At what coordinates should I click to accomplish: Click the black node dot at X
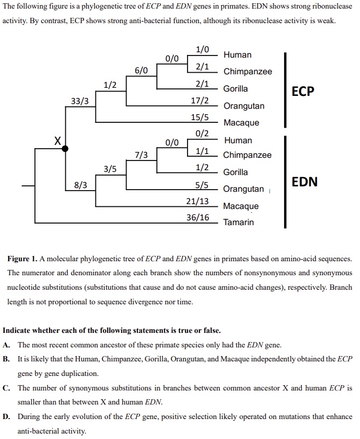pos(65,149)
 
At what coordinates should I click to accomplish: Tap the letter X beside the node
pos(58,141)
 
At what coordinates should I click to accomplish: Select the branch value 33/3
pos(80,101)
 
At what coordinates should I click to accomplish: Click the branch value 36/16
pos(198,217)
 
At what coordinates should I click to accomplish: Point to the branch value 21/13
pos(197,201)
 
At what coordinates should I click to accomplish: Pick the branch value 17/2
pos(200,100)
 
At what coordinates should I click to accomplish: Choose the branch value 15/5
pos(200,117)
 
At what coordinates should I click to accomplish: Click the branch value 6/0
pos(141,70)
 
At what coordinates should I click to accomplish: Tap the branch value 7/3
pos(141,155)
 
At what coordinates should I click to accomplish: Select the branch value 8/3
pos(80,185)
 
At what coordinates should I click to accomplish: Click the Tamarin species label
pos(238,222)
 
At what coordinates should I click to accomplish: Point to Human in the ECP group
pos(238,54)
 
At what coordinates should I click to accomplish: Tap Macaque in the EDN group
pos(241,206)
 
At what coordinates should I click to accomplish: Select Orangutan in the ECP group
pos(244,106)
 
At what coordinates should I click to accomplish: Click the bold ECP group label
pos(303,91)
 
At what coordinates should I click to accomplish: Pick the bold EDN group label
pos(304,182)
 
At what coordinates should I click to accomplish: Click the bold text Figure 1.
pos(22,259)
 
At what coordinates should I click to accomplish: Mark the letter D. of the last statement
pos(6,416)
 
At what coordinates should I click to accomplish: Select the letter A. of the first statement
pos(6,345)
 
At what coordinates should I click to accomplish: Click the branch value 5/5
pos(202,185)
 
